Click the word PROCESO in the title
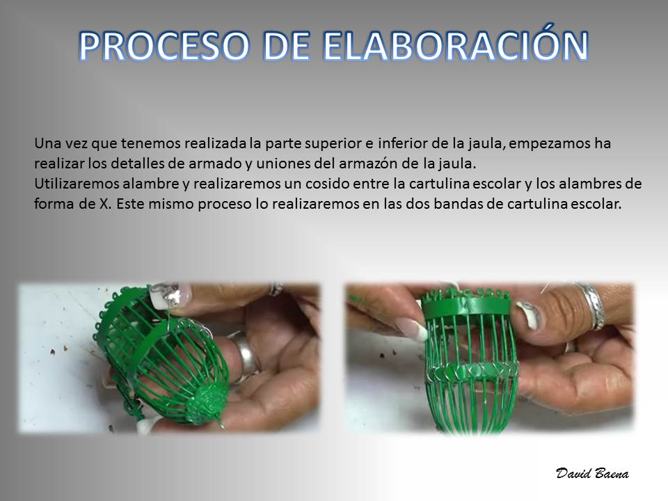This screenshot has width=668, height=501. coord(164,46)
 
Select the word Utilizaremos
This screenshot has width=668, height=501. coord(77,183)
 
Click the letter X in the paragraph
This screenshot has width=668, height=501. coord(104,204)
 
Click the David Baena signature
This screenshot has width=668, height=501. coord(592,473)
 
